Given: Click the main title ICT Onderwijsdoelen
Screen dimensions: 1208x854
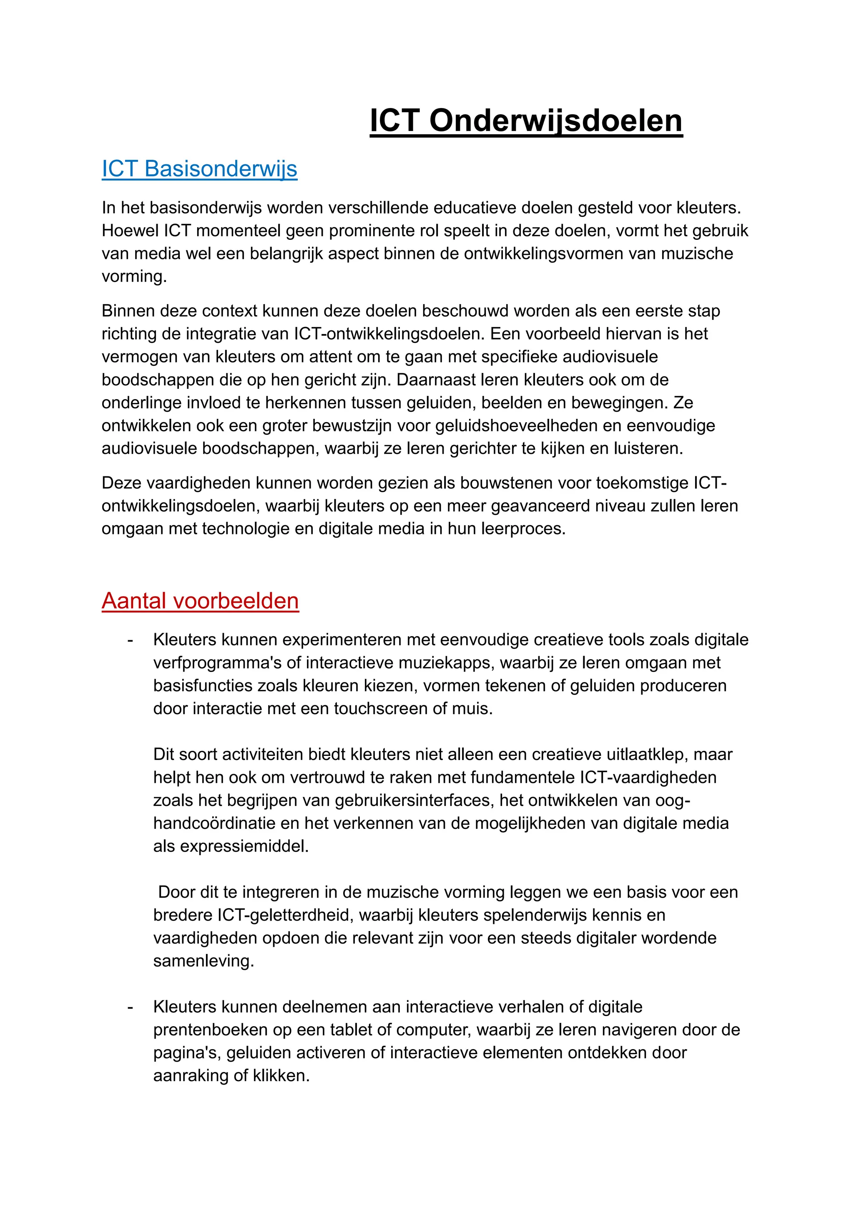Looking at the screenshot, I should (x=526, y=121).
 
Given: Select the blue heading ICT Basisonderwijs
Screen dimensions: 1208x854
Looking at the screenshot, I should (x=199, y=169).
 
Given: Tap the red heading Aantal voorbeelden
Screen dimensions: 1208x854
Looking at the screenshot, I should (x=200, y=601).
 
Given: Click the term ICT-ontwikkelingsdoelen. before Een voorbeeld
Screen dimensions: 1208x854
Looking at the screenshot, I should (x=389, y=334).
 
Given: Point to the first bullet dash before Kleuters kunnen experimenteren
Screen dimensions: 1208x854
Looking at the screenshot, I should (x=130, y=640).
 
